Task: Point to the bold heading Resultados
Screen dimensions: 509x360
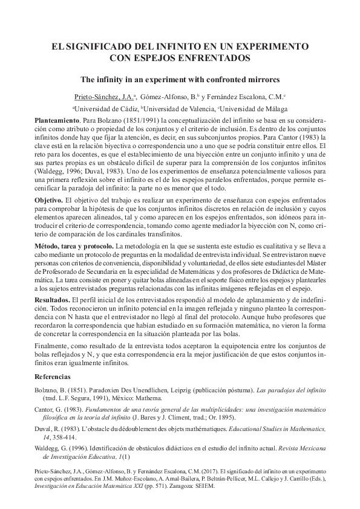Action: [51, 300]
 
